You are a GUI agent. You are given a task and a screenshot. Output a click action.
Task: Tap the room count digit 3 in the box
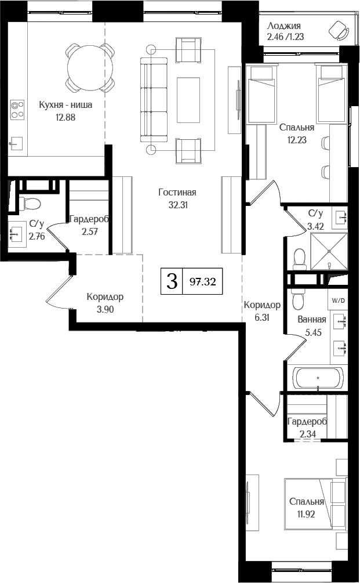click(172, 282)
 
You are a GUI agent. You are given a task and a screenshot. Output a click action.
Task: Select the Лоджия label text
click(284, 26)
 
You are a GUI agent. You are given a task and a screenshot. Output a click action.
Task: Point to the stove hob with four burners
click(17, 109)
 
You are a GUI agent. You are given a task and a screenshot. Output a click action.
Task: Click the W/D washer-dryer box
click(337, 300)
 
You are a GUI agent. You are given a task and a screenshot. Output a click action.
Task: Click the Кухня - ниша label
click(66, 105)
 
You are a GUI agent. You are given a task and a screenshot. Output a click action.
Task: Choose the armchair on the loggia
click(337, 29)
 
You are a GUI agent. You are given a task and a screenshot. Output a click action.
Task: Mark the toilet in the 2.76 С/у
click(30, 203)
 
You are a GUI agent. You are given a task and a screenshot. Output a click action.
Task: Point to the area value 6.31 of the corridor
click(262, 317)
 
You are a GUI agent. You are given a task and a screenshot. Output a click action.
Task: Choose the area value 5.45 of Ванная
click(311, 334)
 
